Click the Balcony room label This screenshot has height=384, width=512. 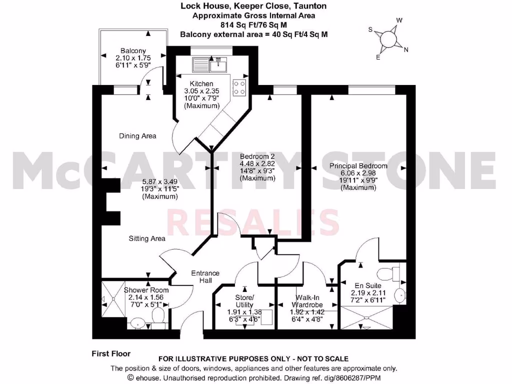click(133, 50)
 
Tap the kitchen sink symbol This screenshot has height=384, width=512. click(209, 64)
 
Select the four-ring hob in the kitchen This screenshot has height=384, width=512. click(239, 87)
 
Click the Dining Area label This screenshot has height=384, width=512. click(137, 136)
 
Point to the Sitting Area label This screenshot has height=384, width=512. click(147, 238)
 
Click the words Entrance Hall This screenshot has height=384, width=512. click(205, 276)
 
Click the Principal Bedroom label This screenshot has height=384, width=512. click(358, 166)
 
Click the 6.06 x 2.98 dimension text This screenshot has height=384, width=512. click(358, 173)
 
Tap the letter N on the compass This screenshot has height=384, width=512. click(406, 49)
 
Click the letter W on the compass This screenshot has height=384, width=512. click(399, 20)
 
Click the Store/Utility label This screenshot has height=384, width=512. click(244, 301)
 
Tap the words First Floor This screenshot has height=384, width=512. click(111, 353)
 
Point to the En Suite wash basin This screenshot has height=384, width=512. click(398, 295)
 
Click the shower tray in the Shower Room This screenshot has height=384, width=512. click(113, 298)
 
